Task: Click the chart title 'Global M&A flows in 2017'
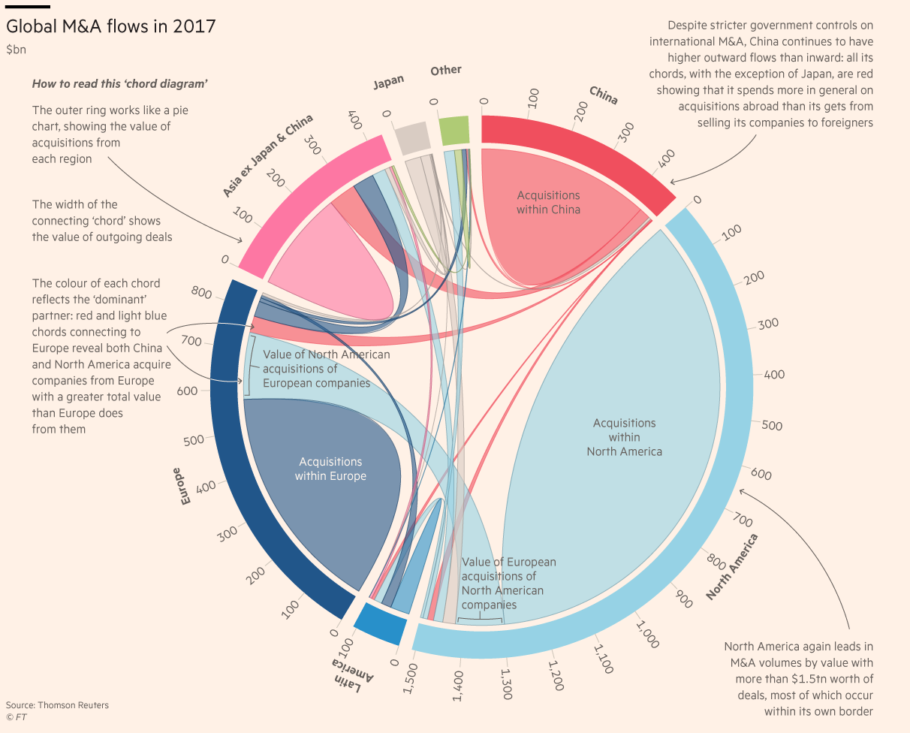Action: [111, 26]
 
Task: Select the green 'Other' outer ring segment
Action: [453, 131]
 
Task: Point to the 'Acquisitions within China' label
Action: [548, 203]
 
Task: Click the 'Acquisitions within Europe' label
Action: [330, 469]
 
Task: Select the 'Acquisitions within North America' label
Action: [624, 437]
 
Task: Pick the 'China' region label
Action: [604, 95]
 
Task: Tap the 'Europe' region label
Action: [181, 485]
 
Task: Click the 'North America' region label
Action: [732, 567]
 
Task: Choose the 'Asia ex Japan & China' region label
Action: [267, 156]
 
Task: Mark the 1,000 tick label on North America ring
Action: [646, 635]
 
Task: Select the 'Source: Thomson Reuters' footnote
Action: [57, 705]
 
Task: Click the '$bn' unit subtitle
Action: [16, 50]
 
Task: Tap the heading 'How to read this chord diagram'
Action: [119, 84]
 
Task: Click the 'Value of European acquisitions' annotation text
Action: [508, 583]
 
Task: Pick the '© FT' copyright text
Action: [17, 717]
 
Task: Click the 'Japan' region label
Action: [389, 82]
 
